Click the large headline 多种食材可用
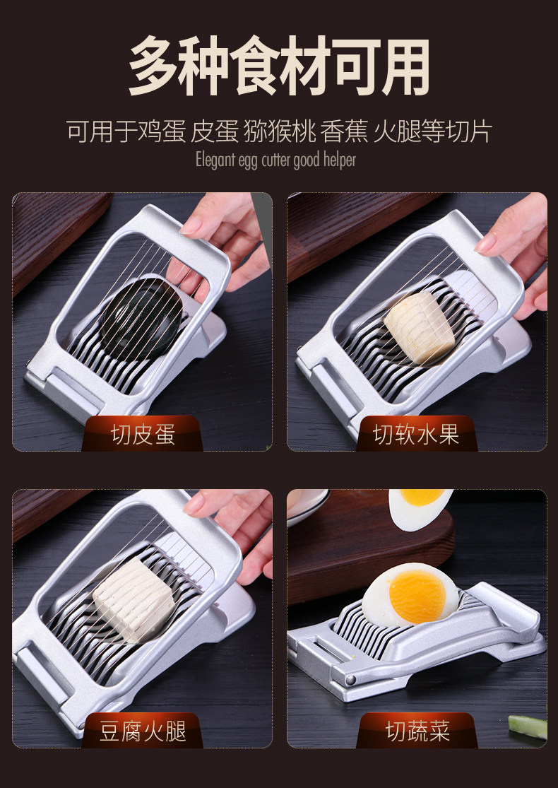tap(279, 65)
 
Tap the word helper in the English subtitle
tap(340, 160)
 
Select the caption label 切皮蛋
tap(143, 434)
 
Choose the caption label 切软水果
tap(416, 434)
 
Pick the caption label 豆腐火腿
tap(143, 731)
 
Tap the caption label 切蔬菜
tap(417, 731)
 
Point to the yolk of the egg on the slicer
tap(417, 596)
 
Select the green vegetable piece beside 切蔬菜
tap(528, 727)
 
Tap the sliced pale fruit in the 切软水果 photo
tap(420, 327)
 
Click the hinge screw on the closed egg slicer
tap(350, 681)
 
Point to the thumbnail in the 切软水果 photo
tap(486, 244)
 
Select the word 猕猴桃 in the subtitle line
tap(279, 131)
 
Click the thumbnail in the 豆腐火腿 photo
tap(194, 504)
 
